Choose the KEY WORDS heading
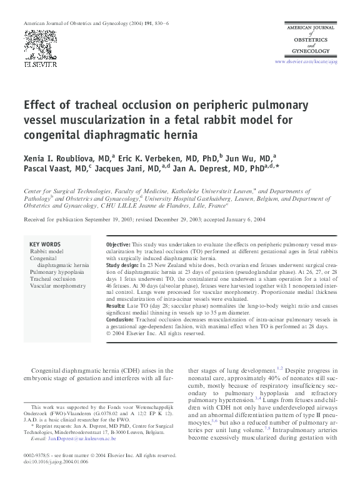point(45,244)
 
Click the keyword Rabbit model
point(47,251)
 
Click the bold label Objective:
point(118,243)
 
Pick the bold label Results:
point(116,306)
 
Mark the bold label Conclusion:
point(121,320)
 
